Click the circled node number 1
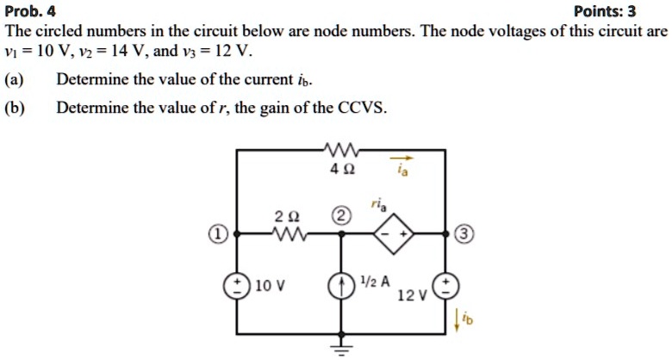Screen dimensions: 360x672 [220, 234]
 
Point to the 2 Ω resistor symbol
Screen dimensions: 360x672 [285, 234]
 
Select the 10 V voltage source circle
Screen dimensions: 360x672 [236, 286]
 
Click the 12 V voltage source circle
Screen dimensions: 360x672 [445, 287]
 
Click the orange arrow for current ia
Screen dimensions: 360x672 [402, 158]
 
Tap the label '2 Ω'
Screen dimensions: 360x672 [285, 216]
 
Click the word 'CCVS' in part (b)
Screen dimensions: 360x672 [368, 109]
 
